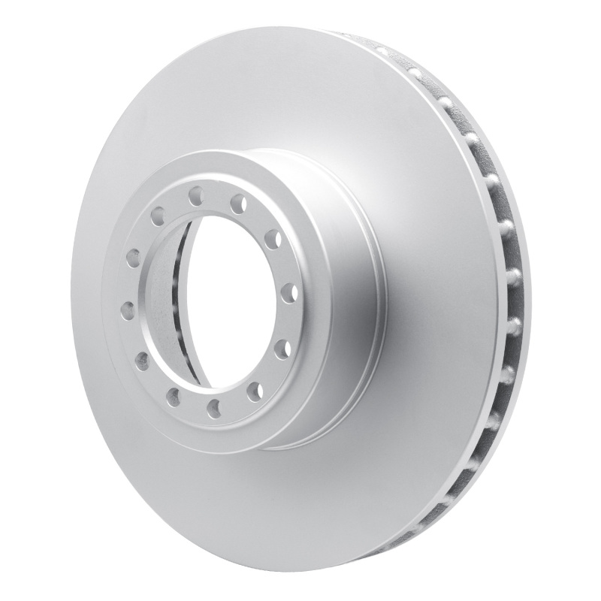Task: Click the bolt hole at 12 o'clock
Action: (195, 197)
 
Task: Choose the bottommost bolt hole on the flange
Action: (214, 406)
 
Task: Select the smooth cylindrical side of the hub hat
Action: (338, 300)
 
